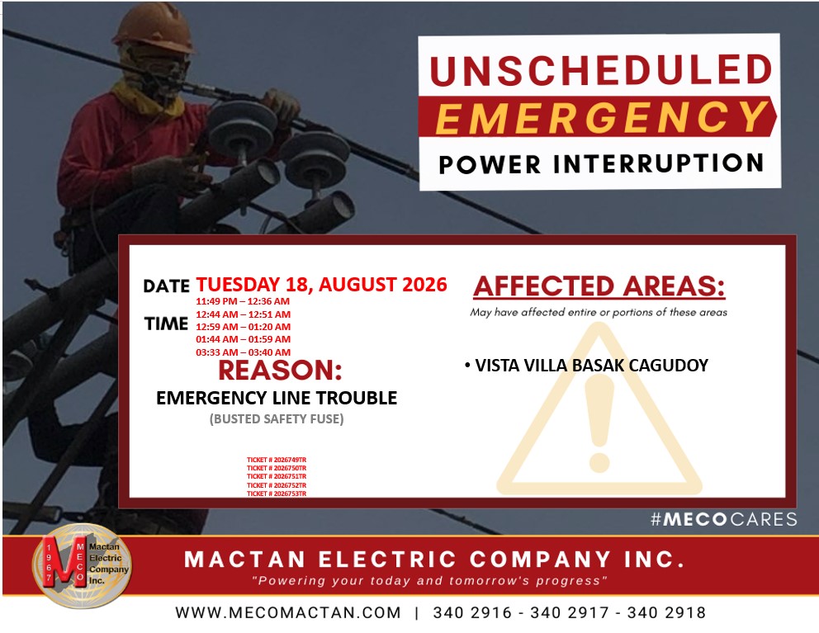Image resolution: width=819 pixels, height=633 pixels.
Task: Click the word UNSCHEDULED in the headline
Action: point(601,69)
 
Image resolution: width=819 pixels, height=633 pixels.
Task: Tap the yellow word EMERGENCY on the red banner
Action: point(601,117)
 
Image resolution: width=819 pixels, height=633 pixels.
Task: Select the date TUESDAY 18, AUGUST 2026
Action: point(321,285)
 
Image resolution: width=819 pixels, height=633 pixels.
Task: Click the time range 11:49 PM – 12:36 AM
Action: point(243,301)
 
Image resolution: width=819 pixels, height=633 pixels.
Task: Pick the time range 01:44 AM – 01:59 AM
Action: point(243,339)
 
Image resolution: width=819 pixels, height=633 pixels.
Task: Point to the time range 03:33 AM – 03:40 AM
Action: point(243,352)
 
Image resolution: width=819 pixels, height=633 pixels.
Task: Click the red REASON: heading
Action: point(280,371)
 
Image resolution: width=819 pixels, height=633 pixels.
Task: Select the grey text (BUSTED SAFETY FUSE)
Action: point(277,419)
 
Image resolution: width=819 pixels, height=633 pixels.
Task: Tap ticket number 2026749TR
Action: point(277,461)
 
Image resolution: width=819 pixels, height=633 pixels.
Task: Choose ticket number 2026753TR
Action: point(277,494)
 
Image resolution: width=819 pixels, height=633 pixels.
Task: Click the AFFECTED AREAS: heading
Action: point(599,286)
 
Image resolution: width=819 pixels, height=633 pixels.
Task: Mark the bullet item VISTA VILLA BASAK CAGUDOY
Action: point(586,365)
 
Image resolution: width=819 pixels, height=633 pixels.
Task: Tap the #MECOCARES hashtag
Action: point(723,519)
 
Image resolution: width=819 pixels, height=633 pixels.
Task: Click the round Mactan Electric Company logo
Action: point(82,565)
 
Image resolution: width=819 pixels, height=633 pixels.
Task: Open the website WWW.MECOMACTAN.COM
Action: point(288,612)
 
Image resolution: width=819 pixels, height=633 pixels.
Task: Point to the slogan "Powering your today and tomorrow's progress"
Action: point(429,581)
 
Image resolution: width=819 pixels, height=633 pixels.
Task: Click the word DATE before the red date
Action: point(166,286)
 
